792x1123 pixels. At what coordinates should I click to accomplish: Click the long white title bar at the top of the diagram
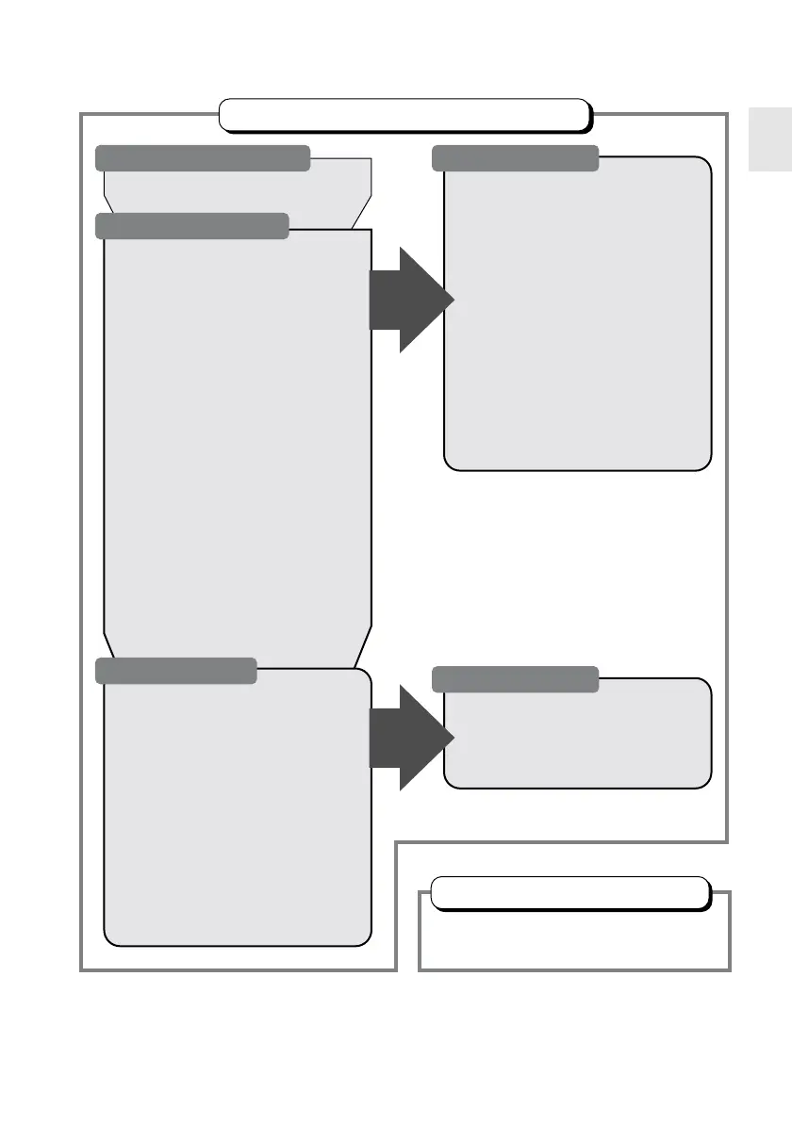pos(404,113)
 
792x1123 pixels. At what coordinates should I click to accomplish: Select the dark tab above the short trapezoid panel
pos(203,157)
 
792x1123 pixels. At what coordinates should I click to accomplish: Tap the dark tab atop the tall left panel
pos(192,225)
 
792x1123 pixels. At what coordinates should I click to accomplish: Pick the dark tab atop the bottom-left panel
pos(176,670)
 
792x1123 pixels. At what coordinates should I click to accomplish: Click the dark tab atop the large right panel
pos(515,157)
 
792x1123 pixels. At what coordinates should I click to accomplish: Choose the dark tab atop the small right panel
pos(515,678)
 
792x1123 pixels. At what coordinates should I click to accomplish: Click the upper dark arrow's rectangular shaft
pos(385,300)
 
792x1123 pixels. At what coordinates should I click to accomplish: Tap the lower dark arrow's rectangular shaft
pos(385,737)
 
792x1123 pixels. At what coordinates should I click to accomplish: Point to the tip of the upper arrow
pos(452,300)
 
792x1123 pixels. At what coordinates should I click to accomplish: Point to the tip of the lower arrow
pos(452,737)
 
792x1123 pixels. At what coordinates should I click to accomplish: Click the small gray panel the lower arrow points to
pos(577,740)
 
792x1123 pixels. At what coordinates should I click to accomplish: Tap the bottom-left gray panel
pos(236,820)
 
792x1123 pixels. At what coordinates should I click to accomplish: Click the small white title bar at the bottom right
pos(569,891)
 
